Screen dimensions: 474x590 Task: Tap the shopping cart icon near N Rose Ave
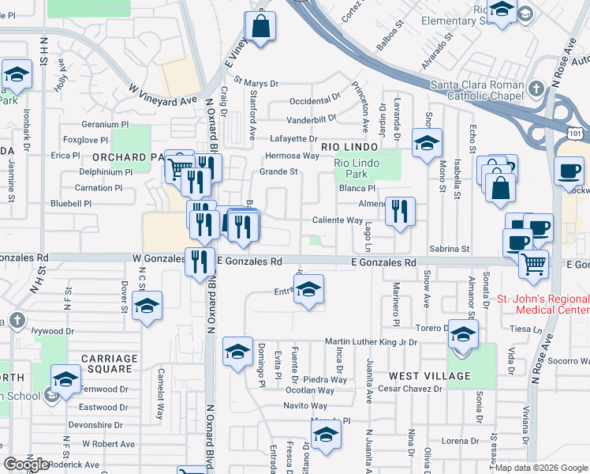click(x=534, y=264)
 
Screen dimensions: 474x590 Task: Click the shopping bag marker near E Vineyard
click(x=260, y=28)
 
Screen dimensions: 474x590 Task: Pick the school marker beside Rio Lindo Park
click(x=427, y=144)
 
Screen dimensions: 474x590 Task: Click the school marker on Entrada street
click(x=310, y=292)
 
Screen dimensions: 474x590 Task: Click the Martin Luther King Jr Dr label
click(x=371, y=342)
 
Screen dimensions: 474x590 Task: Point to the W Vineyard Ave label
click(x=162, y=92)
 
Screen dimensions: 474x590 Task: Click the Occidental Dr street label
click(x=315, y=101)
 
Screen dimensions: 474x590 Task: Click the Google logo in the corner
click(x=26, y=465)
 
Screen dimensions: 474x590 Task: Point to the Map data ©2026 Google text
click(x=541, y=468)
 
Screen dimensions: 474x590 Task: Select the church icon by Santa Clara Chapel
click(x=536, y=88)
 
